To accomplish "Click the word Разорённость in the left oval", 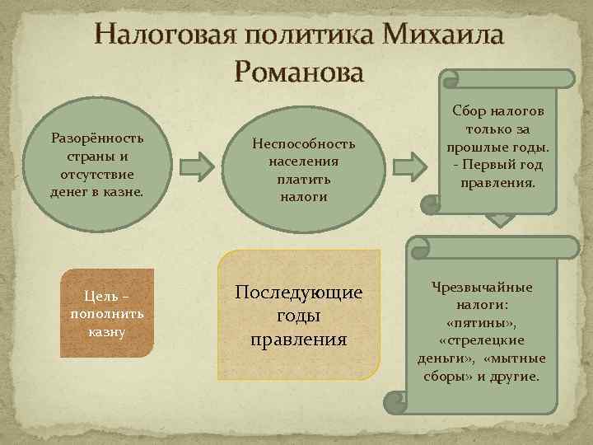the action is coord(97,137).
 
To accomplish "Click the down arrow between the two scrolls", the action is coord(499,220).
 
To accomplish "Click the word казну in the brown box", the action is coord(106,332).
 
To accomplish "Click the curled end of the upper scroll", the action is coord(451,79).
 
